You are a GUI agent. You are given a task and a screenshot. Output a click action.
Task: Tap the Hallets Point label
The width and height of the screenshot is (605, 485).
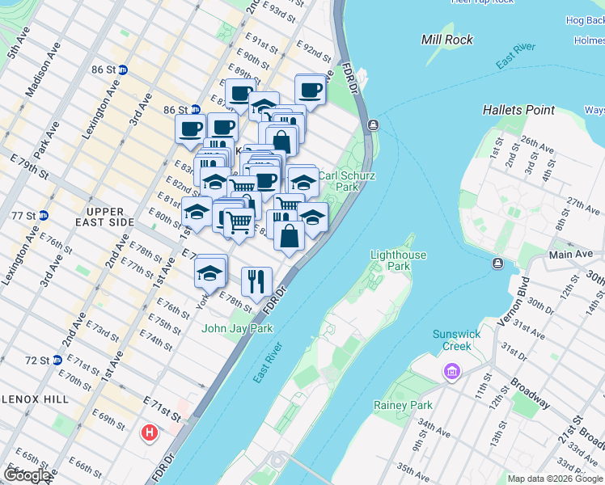point(518,110)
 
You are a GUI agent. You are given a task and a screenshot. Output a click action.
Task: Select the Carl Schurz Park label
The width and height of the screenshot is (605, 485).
point(345,180)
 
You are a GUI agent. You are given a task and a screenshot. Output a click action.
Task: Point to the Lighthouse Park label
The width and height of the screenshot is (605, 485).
point(397,259)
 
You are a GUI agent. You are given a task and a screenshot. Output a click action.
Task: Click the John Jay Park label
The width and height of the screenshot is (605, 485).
point(237,328)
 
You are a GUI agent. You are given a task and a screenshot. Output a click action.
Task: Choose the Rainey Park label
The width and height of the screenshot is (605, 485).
point(403,405)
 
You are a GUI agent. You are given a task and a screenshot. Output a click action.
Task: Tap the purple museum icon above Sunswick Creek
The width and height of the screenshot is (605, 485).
point(450,372)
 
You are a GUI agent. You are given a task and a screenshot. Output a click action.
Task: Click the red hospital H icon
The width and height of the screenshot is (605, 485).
point(149,433)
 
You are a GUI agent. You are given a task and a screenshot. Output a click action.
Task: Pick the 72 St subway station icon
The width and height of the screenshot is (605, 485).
point(56,360)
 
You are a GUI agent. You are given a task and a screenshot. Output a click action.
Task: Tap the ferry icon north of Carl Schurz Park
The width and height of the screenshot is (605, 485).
point(373,124)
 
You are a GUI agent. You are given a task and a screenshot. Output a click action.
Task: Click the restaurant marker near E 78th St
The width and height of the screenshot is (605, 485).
point(256,281)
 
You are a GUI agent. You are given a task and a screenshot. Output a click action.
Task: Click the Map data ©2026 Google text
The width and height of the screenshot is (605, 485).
point(555,479)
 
